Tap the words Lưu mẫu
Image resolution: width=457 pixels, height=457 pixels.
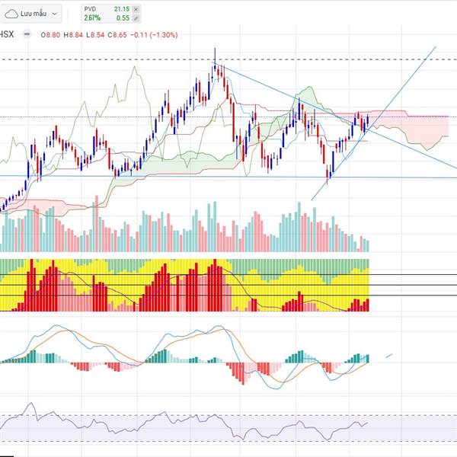tap(34, 12)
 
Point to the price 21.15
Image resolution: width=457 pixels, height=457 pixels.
tap(123, 8)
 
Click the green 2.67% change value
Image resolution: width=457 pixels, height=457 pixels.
tap(92, 17)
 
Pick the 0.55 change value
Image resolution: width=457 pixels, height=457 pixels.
tap(123, 17)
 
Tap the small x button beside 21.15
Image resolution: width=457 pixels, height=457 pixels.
tap(136, 8)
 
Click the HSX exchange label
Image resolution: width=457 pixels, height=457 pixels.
tap(6, 34)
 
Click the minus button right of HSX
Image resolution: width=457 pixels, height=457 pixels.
tap(27, 34)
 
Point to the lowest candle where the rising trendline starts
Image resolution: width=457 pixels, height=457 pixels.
tap(328, 181)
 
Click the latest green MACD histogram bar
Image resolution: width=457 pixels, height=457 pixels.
tap(368, 359)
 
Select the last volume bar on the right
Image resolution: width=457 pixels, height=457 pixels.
tap(367, 245)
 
